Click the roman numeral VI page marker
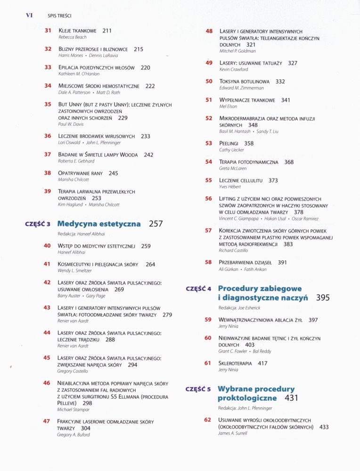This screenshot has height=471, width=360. tap(29, 15)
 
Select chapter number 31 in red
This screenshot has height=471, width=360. tap(48, 31)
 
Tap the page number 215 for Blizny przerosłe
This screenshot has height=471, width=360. tap(139, 49)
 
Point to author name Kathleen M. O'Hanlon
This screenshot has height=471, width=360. tap(79, 74)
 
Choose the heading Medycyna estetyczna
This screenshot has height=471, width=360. tap(99, 224)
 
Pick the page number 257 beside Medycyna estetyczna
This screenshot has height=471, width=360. tap(155, 224)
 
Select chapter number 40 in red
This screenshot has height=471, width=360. tap(47, 246)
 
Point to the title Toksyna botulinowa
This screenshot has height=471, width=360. tap(245, 81)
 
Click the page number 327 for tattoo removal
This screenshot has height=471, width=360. tap(293, 63)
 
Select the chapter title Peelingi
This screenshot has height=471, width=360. tap(229, 144)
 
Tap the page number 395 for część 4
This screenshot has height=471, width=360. tap(323, 298)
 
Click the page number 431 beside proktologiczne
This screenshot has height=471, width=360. tap(292, 398)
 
